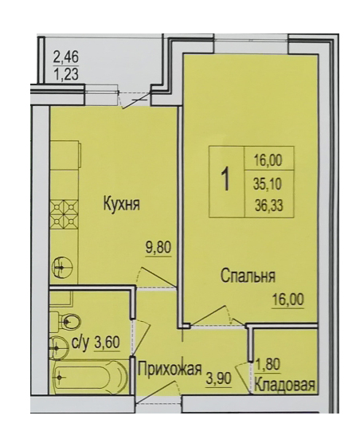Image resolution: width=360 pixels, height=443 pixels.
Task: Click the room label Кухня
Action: pyautogui.click(x=122, y=204)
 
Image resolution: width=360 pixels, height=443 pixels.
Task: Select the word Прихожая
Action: pyautogui.click(x=170, y=369)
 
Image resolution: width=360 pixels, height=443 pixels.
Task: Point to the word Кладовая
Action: pyautogui.click(x=284, y=385)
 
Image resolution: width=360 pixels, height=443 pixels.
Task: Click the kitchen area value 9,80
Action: pyautogui.click(x=158, y=249)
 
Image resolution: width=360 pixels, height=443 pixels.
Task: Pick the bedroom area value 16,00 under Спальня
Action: pyautogui.click(x=288, y=299)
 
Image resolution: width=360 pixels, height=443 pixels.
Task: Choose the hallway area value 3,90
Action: pyautogui.click(x=219, y=378)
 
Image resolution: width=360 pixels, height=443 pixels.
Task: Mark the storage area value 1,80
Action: pyautogui.click(x=268, y=364)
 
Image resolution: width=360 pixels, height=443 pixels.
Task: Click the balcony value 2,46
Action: pyautogui.click(x=65, y=58)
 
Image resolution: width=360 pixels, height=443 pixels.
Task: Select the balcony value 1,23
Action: pyautogui.click(x=65, y=75)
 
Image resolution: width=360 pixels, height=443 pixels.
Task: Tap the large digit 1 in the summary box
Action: pyautogui.click(x=226, y=181)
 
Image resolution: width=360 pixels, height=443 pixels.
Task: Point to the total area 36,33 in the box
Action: pyautogui.click(x=268, y=206)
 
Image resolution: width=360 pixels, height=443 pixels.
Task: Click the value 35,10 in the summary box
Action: pyautogui.click(x=268, y=185)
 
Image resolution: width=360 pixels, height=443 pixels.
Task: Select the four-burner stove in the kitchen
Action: pyautogui.click(x=64, y=214)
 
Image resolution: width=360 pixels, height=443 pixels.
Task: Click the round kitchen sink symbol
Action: pyautogui.click(x=62, y=266)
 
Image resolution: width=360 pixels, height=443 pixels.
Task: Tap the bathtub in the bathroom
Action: pyautogui.click(x=90, y=377)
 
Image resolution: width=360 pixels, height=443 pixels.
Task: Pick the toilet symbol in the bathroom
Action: pyautogui.click(x=65, y=321)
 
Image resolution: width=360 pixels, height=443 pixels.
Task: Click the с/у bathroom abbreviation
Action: pyautogui.click(x=80, y=343)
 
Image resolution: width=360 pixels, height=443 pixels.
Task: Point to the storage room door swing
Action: pyautogui.click(x=243, y=376)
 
